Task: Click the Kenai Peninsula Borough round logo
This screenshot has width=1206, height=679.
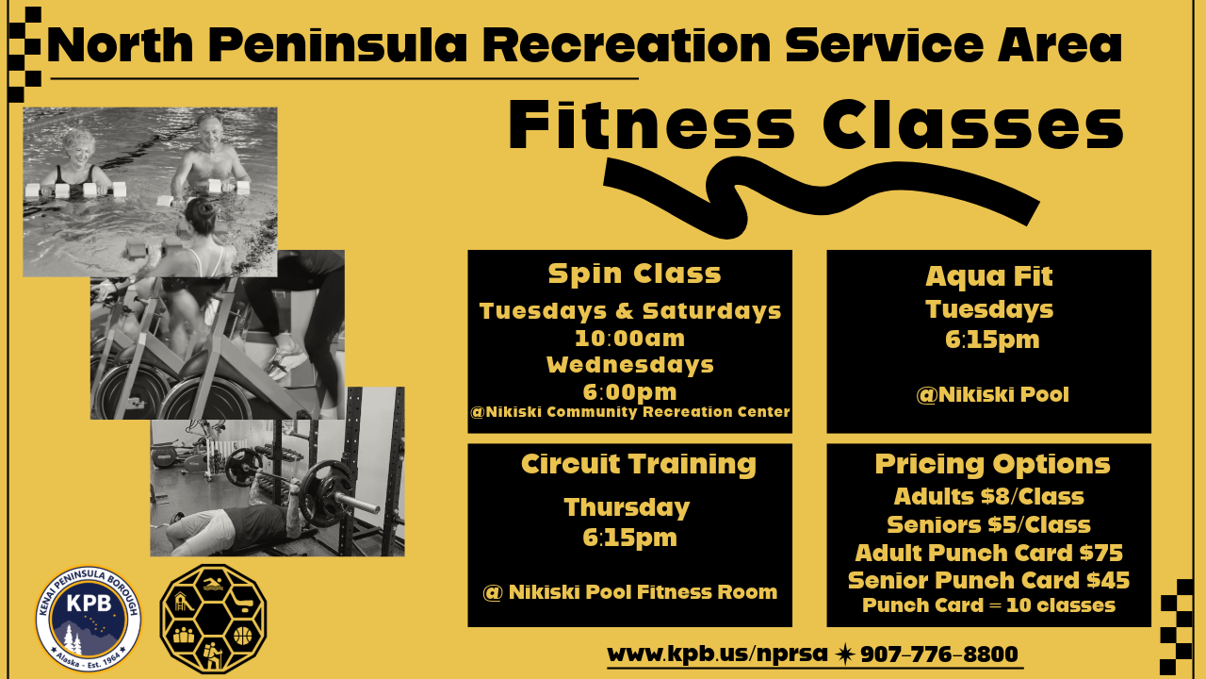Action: pos(88,619)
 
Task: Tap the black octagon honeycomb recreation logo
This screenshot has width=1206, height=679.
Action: pos(213,618)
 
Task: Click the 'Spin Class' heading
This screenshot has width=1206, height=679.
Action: pos(634,273)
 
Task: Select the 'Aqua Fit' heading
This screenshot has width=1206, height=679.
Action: pos(988,276)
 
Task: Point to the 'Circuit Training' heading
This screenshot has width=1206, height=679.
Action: pos(638,464)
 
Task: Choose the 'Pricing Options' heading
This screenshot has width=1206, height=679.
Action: pos(992,464)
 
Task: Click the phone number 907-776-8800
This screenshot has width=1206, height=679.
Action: pos(938,654)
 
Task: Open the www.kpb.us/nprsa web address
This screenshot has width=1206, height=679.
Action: pos(717,654)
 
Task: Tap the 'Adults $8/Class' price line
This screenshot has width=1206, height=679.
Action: pos(988,496)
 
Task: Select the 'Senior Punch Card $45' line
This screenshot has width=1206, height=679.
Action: pos(988,580)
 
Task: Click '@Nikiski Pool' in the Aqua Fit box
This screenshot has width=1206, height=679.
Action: pos(992,394)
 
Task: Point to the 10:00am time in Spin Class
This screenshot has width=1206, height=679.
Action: pos(629,338)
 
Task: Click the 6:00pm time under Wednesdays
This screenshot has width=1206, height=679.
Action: pos(629,390)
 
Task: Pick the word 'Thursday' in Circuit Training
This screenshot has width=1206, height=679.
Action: pos(627,507)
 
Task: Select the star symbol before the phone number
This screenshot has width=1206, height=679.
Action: pos(845,654)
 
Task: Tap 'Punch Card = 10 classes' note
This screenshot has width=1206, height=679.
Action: pos(988,605)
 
